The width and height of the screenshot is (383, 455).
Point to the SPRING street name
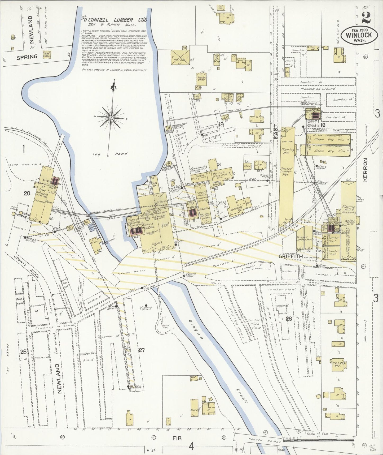coord(27,57)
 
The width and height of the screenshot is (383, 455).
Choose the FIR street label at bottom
coord(177,438)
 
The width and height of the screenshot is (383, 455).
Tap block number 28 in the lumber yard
coord(288,319)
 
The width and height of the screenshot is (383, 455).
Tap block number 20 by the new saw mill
coord(27,193)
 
